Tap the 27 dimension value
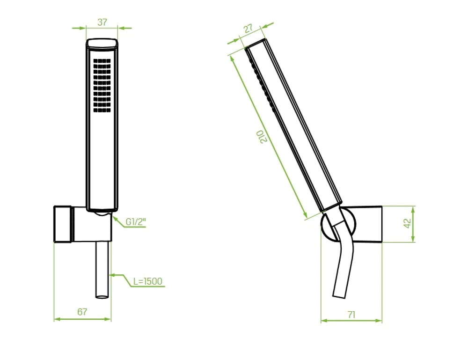click(249, 29)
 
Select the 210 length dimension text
click(263, 136)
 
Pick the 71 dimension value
click(351, 315)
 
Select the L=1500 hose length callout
click(147, 281)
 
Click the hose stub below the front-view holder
click(102, 270)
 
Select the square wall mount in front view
click(63, 224)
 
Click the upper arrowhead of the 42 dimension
click(413, 208)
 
